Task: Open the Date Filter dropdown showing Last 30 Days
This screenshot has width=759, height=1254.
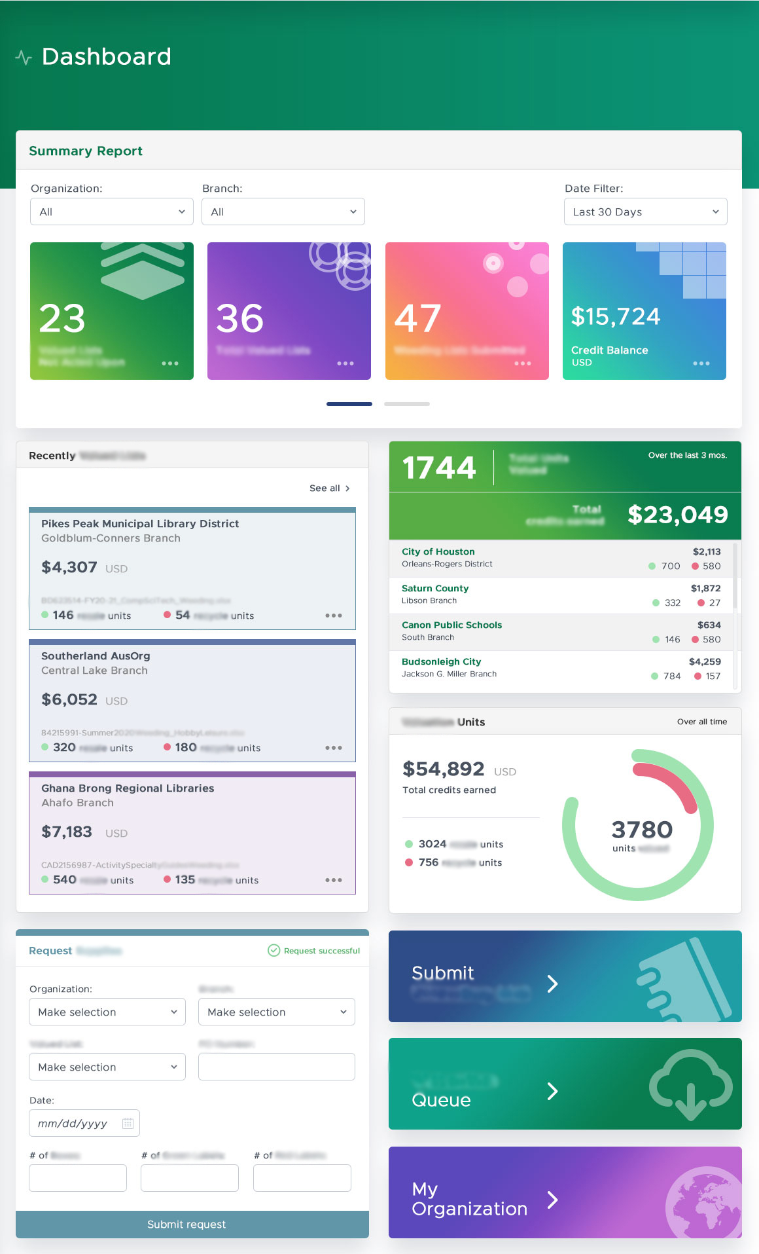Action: (x=645, y=212)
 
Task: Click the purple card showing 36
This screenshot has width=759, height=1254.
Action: (x=289, y=310)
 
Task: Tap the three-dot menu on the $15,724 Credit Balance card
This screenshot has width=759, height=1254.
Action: (x=701, y=363)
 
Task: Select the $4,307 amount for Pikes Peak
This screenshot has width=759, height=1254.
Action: (x=69, y=567)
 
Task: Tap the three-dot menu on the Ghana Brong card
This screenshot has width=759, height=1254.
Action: (x=334, y=880)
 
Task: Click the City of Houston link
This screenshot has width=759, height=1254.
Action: (x=438, y=552)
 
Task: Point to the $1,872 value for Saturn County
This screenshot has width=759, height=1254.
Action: (x=705, y=589)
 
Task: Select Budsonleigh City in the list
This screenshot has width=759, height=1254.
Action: (x=441, y=662)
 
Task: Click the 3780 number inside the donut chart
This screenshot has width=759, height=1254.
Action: (x=641, y=830)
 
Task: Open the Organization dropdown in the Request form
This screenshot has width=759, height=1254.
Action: (x=107, y=1012)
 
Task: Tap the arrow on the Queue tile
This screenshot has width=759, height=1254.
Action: (x=552, y=1091)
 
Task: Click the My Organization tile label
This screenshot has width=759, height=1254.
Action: (x=469, y=1199)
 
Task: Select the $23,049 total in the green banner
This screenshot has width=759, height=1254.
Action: (x=677, y=515)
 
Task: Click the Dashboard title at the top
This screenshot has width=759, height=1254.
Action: (x=106, y=57)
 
